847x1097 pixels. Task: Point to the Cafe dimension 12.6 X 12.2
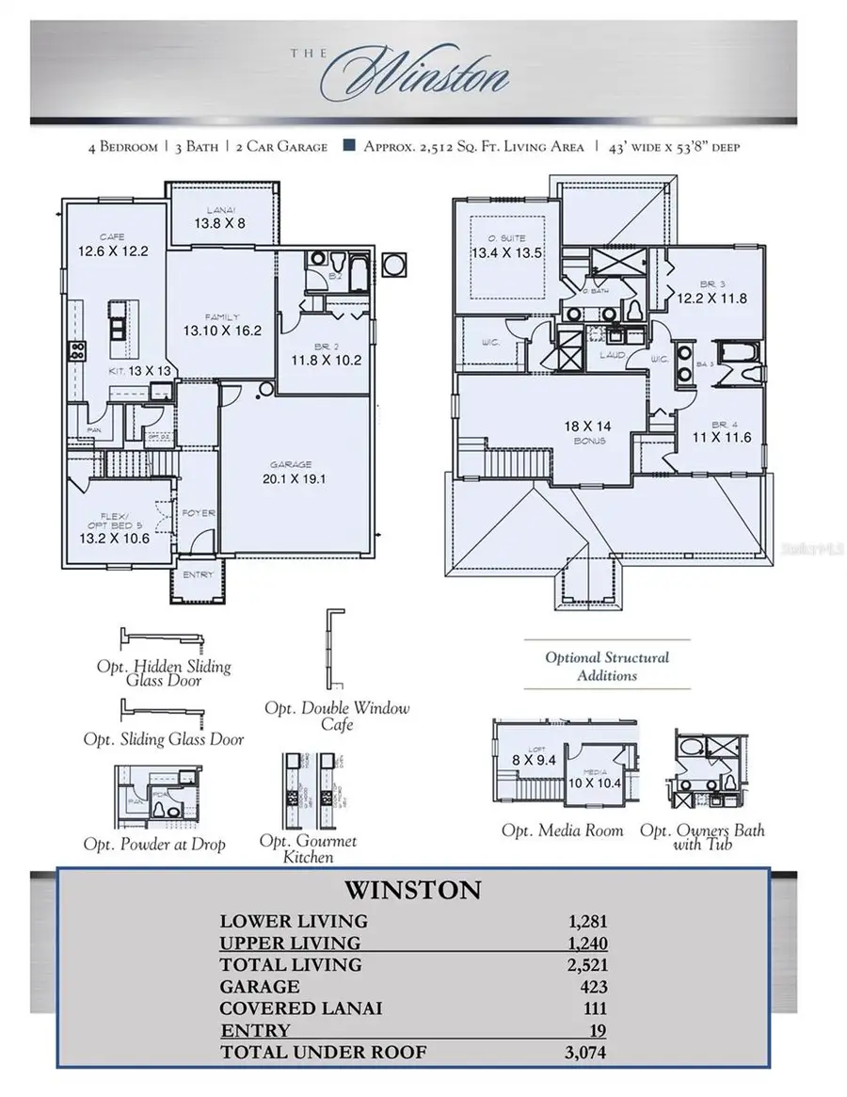click(x=114, y=251)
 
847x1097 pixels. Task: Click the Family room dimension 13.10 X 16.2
click(x=222, y=331)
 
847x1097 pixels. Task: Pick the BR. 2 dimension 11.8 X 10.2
click(x=325, y=359)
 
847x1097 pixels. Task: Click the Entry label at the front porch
click(x=199, y=574)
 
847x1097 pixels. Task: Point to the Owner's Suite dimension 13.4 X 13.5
click(x=507, y=252)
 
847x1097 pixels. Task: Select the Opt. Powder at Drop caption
click(x=154, y=844)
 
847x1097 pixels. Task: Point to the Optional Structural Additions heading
click(x=607, y=666)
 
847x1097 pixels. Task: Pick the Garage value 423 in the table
click(x=595, y=987)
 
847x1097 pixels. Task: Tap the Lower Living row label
click(x=294, y=921)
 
